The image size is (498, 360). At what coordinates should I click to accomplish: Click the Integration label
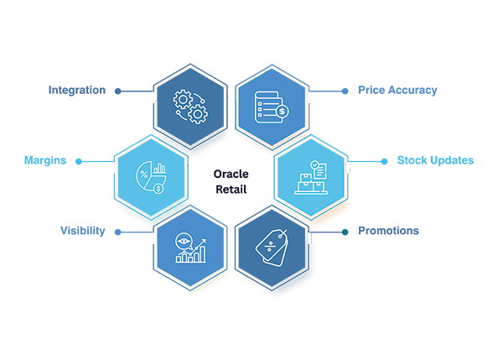(77, 90)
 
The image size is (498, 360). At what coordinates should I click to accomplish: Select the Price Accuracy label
(397, 90)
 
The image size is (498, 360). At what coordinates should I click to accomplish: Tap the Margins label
(45, 160)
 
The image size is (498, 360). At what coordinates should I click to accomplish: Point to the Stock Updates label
(435, 160)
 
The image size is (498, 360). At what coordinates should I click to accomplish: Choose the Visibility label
(82, 231)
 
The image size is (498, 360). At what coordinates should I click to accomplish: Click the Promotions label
(388, 231)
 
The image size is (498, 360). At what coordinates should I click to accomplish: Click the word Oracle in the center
(231, 174)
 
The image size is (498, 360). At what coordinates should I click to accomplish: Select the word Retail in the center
(231, 190)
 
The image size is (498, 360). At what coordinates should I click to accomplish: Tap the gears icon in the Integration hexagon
(190, 107)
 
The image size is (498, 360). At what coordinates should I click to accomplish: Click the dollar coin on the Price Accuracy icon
(282, 112)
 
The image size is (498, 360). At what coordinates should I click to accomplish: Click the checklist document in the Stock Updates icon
(319, 170)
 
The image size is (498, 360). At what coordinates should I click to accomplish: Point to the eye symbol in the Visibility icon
(184, 242)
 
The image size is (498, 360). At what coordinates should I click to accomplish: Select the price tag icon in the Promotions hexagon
(272, 248)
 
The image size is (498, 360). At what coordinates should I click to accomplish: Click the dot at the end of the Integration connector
(118, 91)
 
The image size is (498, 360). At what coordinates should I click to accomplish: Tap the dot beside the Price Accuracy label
(345, 91)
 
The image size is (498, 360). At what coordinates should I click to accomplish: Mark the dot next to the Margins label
(79, 162)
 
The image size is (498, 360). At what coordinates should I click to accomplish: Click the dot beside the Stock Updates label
(384, 162)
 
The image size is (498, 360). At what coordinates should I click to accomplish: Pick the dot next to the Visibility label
(118, 232)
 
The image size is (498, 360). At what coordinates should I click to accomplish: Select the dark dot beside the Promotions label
(345, 232)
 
